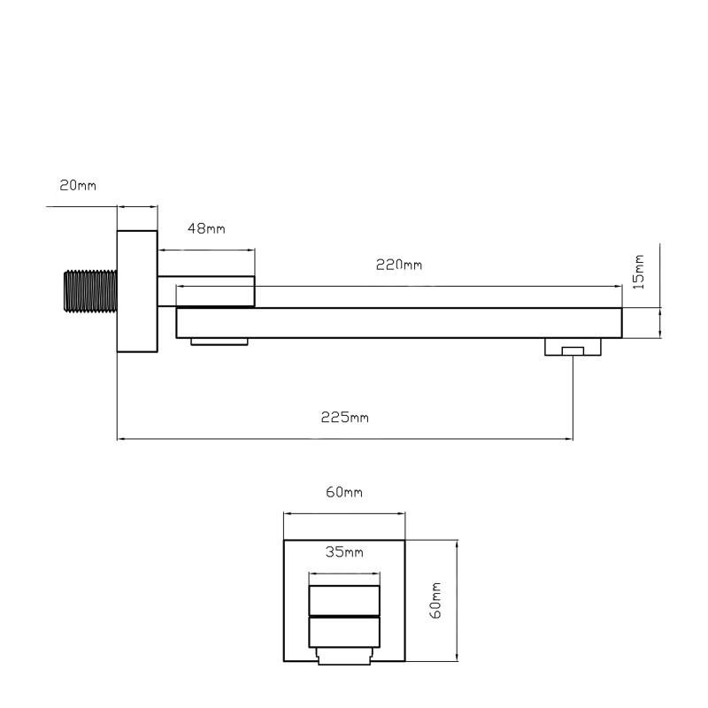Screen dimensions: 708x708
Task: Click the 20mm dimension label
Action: point(78,185)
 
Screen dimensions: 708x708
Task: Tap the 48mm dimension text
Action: point(206,228)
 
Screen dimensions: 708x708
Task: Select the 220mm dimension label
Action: point(399,265)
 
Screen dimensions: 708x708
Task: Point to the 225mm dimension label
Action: point(345,417)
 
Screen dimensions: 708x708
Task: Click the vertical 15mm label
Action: point(638,272)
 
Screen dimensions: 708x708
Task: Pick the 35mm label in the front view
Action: point(344,551)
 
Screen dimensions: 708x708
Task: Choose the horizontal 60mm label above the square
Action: point(344,492)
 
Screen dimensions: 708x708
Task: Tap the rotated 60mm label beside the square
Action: point(435,601)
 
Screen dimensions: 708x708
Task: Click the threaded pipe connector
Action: point(91,291)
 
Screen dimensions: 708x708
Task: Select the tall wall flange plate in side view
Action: point(137,291)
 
